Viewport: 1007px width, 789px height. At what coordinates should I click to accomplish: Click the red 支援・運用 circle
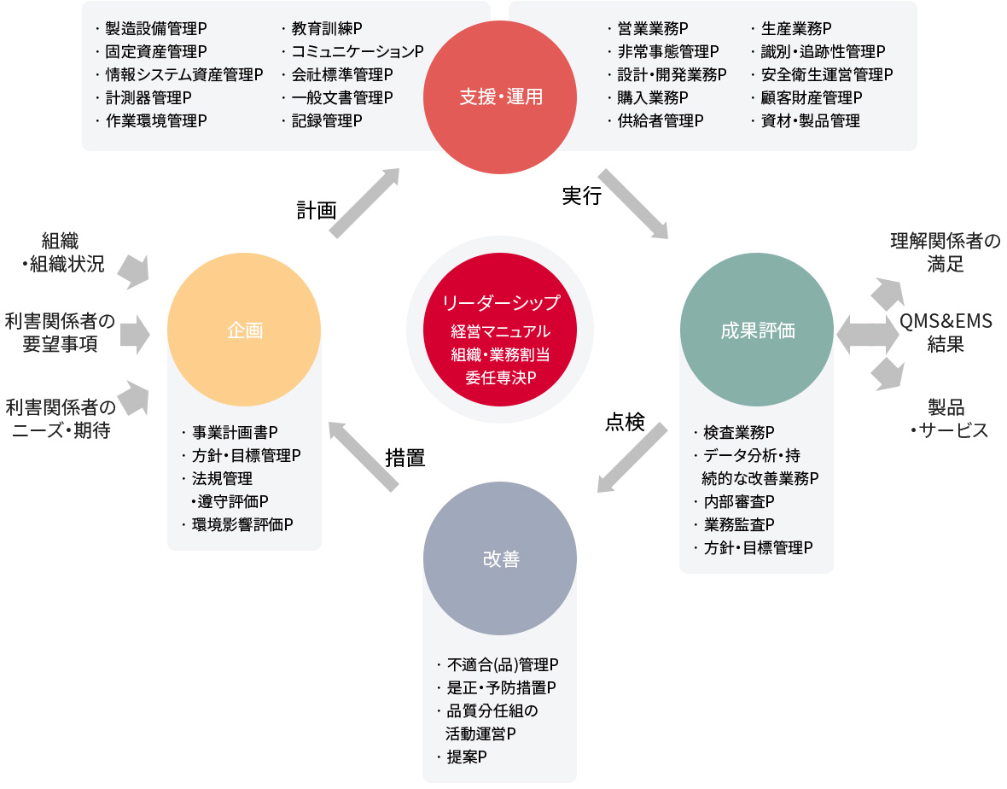[499, 97]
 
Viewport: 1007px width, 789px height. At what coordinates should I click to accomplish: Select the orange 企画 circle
[244, 330]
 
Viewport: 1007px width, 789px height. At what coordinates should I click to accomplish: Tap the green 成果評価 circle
[757, 330]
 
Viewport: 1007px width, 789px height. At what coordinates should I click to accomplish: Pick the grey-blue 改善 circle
[499, 558]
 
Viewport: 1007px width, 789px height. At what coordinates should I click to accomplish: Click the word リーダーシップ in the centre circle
[501, 302]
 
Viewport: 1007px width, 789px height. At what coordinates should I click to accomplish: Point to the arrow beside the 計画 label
[364, 203]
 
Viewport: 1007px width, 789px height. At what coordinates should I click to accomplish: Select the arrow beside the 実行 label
[634, 204]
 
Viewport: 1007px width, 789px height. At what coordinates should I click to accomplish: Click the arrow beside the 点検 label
[632, 458]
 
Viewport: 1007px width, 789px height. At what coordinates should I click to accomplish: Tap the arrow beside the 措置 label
[364, 457]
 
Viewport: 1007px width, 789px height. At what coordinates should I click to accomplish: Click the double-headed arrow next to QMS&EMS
[868, 334]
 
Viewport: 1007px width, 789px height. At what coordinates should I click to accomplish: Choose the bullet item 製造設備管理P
[156, 29]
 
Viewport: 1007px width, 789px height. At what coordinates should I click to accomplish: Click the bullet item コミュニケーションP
[358, 52]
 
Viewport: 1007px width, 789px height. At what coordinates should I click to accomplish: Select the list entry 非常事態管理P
[668, 52]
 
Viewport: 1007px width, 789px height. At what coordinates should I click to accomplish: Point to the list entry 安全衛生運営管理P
[827, 75]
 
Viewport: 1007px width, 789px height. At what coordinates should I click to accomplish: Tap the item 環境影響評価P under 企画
[242, 525]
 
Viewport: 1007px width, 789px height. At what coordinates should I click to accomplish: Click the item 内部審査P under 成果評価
[739, 502]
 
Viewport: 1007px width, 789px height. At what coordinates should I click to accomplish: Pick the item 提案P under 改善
[467, 757]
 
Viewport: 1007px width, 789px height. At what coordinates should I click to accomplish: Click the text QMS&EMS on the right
[946, 320]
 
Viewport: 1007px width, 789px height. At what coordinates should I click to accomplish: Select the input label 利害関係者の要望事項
[60, 332]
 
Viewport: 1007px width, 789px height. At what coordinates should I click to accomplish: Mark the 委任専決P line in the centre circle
[501, 377]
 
